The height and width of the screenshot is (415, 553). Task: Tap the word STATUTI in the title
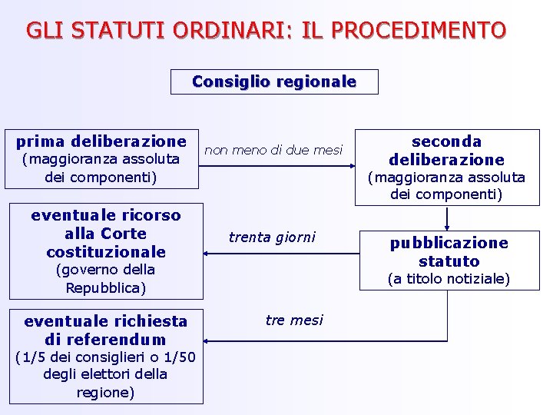pyautogui.click(x=106, y=31)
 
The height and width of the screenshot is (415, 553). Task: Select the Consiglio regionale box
pyautogui.click(x=274, y=81)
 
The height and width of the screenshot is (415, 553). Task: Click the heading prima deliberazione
pyautogui.click(x=101, y=141)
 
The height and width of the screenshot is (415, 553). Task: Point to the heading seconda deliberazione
pyautogui.click(x=446, y=151)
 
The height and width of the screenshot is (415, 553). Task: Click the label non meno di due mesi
pyautogui.click(x=273, y=151)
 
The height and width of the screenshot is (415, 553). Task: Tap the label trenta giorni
pyautogui.click(x=272, y=237)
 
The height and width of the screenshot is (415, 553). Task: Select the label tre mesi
pyautogui.click(x=294, y=320)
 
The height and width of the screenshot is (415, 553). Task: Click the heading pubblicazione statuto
pyautogui.click(x=449, y=252)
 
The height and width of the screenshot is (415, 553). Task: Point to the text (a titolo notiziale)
pyautogui.click(x=449, y=279)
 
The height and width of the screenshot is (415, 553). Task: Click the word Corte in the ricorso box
pyautogui.click(x=123, y=234)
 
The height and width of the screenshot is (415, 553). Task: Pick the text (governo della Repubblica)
pyautogui.click(x=106, y=279)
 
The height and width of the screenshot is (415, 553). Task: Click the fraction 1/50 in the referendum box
pyautogui.click(x=179, y=357)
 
